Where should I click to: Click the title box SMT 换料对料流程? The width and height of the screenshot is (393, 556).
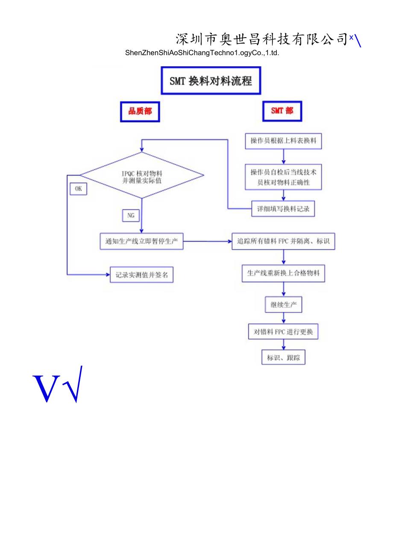coord(211,81)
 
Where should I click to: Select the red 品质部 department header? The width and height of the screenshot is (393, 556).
coord(140,111)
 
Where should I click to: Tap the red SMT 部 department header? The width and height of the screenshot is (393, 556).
coord(282,111)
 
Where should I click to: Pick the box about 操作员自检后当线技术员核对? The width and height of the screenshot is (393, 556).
coord(283,177)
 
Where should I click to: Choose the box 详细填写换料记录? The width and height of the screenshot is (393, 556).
coord(283,209)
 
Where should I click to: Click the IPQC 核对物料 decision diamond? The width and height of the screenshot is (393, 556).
coord(142,175)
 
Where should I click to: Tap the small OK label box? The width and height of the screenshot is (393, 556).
coord(78,188)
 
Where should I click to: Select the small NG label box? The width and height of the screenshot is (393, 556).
coord(131,216)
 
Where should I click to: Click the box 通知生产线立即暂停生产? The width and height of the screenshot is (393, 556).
coord(141,241)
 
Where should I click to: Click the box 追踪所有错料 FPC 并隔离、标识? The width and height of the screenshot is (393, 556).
coord(283,241)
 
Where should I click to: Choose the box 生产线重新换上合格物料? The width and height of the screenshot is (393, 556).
coord(283,274)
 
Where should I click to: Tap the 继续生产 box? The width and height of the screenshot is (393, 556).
coord(283,305)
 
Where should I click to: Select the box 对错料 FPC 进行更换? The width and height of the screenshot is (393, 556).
coord(283,332)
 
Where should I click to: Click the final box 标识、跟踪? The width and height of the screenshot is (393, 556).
coord(283,358)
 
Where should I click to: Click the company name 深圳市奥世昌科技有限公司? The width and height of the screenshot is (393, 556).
coord(261,39)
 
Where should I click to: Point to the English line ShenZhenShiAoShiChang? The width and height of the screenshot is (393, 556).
coord(202,53)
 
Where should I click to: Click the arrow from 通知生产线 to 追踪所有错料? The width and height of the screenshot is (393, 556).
coord(208,241)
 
